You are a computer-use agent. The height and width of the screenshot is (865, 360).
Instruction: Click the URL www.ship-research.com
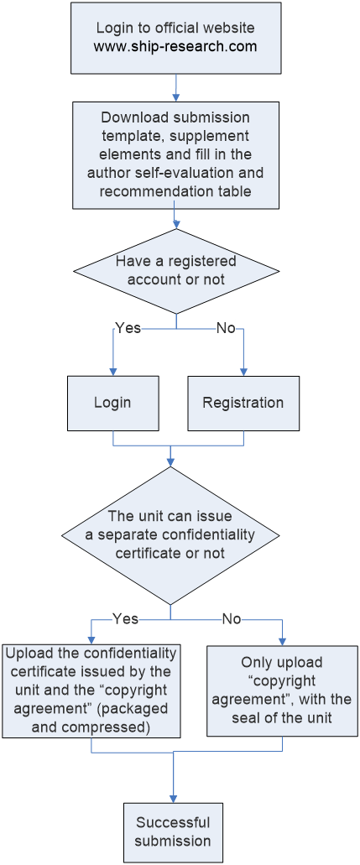[175, 46]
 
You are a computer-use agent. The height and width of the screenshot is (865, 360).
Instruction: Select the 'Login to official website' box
[176, 37]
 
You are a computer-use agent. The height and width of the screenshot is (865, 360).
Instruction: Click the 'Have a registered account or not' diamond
[176, 271]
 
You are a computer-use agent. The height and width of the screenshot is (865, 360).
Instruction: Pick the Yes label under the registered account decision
[128, 328]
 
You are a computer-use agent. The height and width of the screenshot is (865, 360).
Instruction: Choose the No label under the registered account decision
[225, 328]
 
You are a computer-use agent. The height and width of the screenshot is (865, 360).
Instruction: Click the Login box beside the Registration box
[113, 404]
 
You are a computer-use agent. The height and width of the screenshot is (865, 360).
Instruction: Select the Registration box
[243, 404]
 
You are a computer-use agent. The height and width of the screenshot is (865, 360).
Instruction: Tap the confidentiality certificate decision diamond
[170, 535]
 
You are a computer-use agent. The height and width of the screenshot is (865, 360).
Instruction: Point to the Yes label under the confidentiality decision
[125, 619]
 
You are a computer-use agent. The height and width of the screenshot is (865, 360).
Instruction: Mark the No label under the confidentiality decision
[232, 619]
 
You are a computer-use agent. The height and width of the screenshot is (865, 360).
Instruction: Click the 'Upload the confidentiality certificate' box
[91, 690]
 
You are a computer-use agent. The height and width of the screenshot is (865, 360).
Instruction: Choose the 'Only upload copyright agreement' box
[282, 690]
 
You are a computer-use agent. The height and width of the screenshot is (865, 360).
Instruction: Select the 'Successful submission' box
[174, 832]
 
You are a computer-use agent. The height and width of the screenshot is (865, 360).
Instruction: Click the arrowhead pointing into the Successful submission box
[174, 799]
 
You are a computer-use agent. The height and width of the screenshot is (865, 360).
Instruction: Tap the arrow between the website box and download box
[176, 87]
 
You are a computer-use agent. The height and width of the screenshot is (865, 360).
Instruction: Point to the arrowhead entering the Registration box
[243, 373]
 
